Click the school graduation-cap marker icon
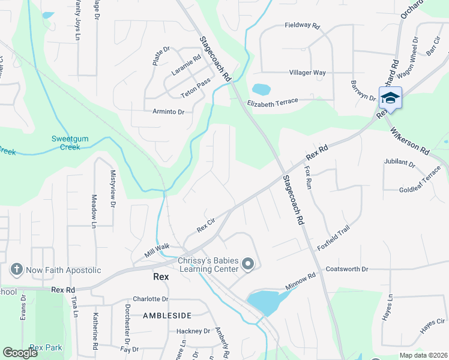point(390,98)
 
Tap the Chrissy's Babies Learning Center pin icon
point(249,264)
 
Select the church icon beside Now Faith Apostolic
point(17,270)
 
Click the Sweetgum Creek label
point(70,143)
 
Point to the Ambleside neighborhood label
point(167,315)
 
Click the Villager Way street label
point(307,73)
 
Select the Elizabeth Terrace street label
point(273,103)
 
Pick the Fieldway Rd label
point(303,26)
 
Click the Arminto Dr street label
point(168,112)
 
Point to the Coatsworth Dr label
point(346,269)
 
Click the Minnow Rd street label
point(300,281)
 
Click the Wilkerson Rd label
point(409,142)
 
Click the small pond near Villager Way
point(262,89)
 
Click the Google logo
point(20,353)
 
